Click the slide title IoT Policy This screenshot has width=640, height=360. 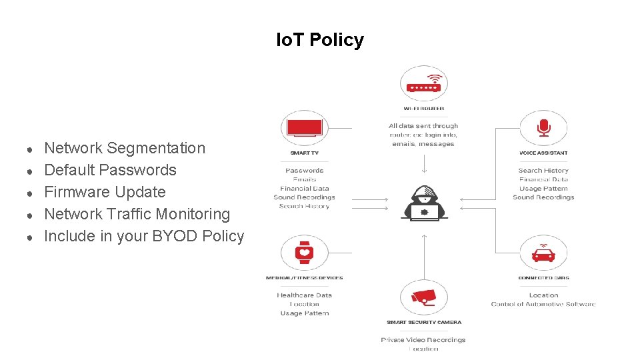point(320,40)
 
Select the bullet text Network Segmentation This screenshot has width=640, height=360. point(125,148)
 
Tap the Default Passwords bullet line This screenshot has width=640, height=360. point(110,170)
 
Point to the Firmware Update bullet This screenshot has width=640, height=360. point(105,192)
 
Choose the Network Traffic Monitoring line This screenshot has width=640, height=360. point(137,214)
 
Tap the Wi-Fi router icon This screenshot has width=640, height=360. point(423,85)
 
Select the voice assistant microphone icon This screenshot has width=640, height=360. point(543,127)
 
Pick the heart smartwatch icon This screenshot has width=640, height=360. point(304,253)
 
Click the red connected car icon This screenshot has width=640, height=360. point(543,254)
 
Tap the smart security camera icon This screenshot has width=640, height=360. point(423,298)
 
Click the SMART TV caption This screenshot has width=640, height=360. point(304,153)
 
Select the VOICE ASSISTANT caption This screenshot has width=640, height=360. point(543,153)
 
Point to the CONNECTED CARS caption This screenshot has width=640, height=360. point(543,278)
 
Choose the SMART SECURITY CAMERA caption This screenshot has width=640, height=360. point(423,323)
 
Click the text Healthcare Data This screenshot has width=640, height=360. point(304,295)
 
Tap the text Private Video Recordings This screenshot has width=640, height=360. point(423,340)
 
